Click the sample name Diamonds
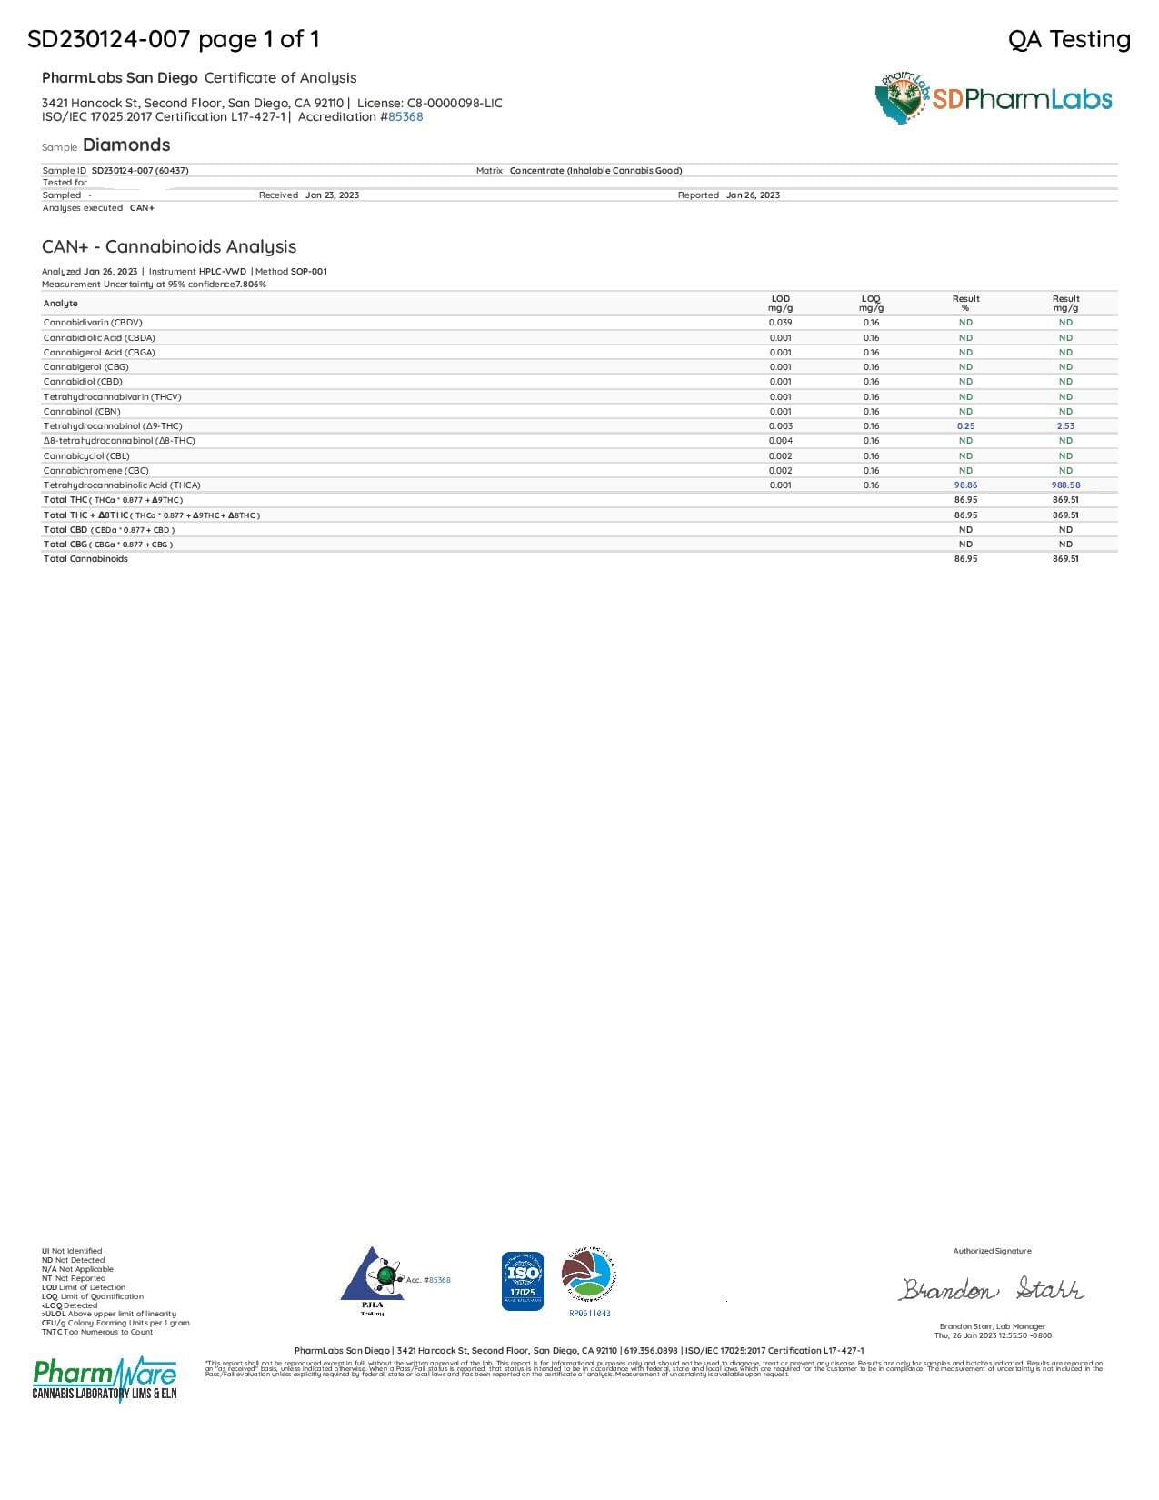(x=126, y=145)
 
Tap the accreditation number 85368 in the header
(x=405, y=117)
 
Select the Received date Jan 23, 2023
(x=332, y=195)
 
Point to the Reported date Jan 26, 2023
(x=753, y=195)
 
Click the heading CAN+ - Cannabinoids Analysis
(x=169, y=247)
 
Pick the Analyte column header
(x=61, y=304)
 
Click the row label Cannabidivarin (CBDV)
(x=93, y=323)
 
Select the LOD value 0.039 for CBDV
(x=780, y=323)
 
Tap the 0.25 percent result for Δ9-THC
(x=965, y=426)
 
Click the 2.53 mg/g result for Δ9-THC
(x=1065, y=426)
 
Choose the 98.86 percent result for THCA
(x=965, y=485)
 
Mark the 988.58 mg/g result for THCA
(x=1065, y=485)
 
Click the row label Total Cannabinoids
(x=85, y=559)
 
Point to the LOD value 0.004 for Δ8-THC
(x=780, y=441)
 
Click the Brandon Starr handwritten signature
(x=992, y=1289)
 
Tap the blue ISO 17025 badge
(x=523, y=1281)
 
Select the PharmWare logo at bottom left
(x=105, y=1378)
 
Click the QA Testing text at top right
(x=1069, y=39)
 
